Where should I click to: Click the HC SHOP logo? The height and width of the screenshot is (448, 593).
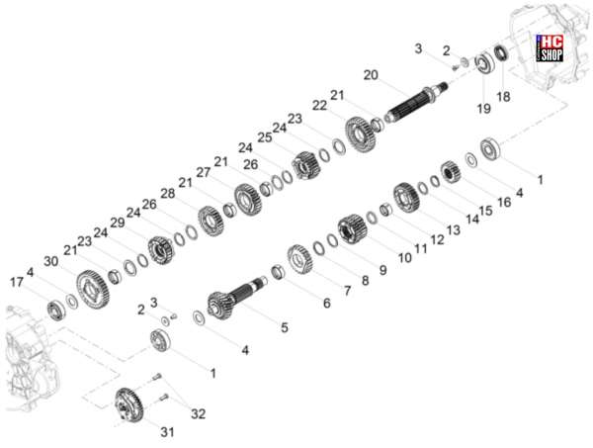[x=551, y=48]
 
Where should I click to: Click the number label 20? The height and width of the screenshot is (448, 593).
[x=371, y=75]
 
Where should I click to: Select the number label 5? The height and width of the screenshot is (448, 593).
[x=285, y=327]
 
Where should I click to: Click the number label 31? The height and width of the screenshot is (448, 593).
[x=168, y=432]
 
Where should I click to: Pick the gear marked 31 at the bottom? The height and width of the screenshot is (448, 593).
[x=128, y=405]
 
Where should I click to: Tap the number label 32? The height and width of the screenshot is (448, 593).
[x=198, y=414]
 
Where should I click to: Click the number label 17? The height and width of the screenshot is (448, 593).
[x=17, y=282]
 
